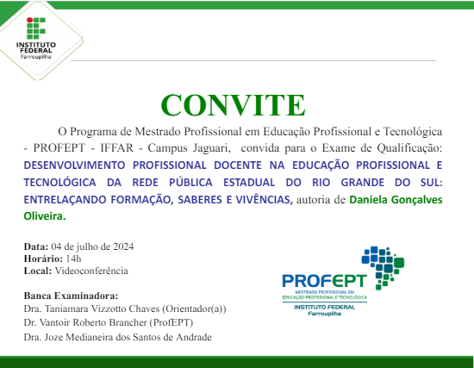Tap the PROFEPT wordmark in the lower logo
[324, 281]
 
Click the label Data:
[36, 247]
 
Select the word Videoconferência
[90, 270]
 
